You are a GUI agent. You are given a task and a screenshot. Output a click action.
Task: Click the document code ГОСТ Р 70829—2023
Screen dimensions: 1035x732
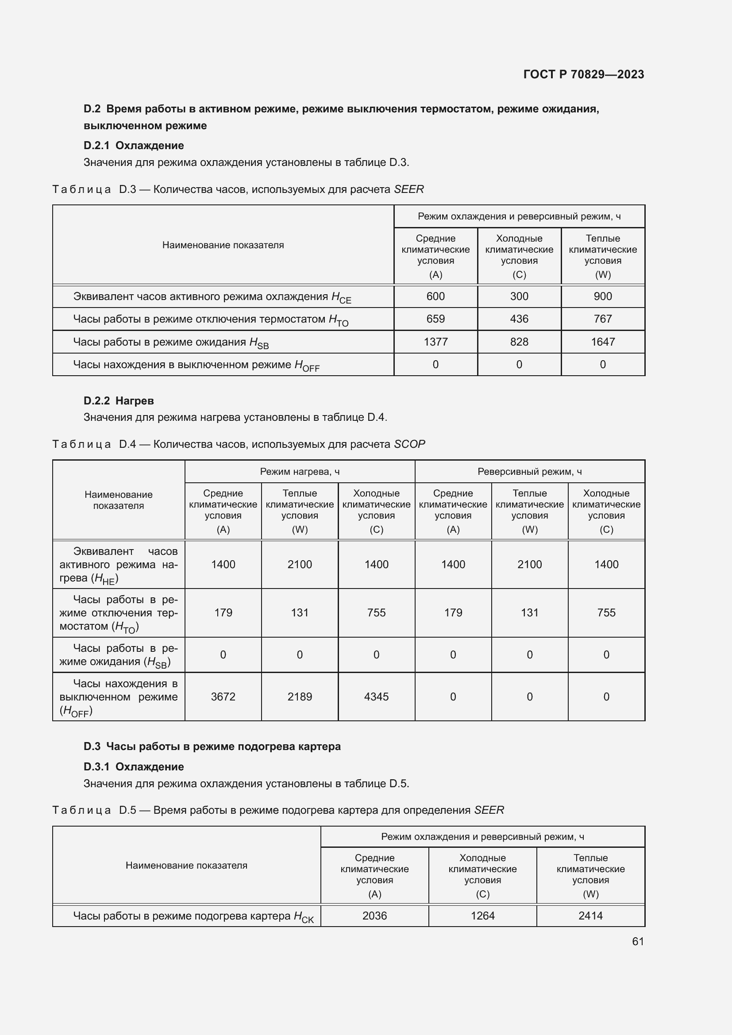(x=583, y=74)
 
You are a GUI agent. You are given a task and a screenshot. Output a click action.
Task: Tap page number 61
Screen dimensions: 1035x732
(x=637, y=941)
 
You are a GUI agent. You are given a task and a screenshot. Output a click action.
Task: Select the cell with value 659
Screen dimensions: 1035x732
(x=435, y=319)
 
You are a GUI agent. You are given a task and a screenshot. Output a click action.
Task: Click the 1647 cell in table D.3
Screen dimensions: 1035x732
(x=602, y=342)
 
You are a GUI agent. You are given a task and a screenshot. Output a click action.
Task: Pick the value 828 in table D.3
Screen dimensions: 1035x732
(x=519, y=342)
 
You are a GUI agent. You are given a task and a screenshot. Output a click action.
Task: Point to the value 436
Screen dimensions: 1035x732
(x=519, y=319)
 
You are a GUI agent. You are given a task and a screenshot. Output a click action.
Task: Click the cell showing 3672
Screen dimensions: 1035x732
(x=223, y=697)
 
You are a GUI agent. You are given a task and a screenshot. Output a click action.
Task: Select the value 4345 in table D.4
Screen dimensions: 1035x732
(x=376, y=697)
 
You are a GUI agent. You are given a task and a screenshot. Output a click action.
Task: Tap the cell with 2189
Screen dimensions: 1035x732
(x=299, y=697)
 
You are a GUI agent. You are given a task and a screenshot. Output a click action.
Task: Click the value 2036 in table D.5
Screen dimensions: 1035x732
(x=374, y=916)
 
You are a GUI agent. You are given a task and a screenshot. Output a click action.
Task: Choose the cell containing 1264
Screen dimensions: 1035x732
(x=482, y=916)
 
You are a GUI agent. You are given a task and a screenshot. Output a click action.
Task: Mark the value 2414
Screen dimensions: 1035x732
(x=590, y=916)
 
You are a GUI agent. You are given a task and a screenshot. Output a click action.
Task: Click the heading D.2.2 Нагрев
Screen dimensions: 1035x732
(x=119, y=401)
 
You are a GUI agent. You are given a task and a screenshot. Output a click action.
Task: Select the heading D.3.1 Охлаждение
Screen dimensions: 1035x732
(x=133, y=767)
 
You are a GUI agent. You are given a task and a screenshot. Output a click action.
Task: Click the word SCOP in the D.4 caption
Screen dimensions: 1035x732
(x=409, y=444)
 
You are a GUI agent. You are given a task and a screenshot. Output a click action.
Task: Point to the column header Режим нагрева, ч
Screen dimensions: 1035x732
(x=299, y=472)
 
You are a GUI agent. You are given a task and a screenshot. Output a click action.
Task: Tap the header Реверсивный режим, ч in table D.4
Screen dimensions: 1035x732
(x=529, y=472)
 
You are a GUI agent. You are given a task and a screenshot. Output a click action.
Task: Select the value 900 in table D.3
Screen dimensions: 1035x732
(x=602, y=296)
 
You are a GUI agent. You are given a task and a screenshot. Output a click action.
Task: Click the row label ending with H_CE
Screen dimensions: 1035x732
(x=212, y=297)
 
